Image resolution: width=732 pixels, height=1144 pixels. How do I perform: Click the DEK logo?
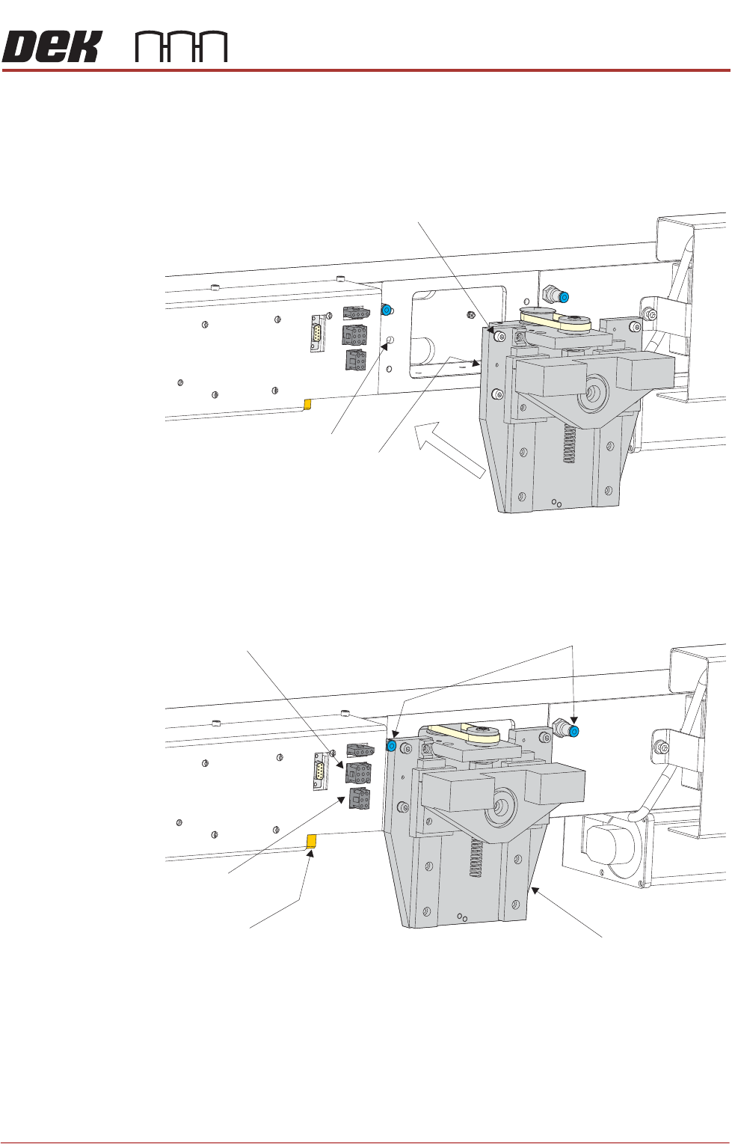(51, 47)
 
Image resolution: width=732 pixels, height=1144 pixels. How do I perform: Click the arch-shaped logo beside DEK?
(181, 47)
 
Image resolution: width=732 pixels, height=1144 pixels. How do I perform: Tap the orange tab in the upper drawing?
(307, 405)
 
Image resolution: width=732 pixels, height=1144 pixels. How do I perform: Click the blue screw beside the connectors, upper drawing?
(387, 310)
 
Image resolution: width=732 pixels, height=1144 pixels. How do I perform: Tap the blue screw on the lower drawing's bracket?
(390, 745)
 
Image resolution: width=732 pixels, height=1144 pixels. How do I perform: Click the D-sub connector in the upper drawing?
(318, 333)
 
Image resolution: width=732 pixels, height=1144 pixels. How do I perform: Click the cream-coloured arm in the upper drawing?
(556, 320)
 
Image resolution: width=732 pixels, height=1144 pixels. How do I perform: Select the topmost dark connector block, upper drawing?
(354, 313)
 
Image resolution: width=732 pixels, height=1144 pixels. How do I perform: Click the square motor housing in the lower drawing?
(606, 850)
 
